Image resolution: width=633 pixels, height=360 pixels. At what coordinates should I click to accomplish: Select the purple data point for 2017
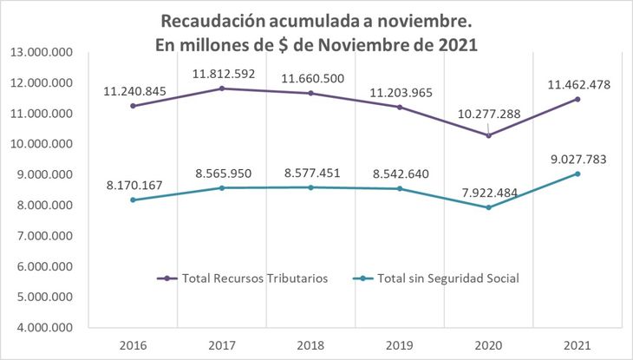tap(222, 88)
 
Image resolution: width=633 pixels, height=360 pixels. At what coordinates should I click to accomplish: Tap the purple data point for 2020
tap(488, 135)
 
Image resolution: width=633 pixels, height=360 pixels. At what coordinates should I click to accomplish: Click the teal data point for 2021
tap(578, 173)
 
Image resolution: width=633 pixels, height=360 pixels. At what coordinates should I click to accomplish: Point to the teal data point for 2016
tap(133, 200)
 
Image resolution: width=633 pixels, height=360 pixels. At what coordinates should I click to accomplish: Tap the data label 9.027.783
tap(578, 159)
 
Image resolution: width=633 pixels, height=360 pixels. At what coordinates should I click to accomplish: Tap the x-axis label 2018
tap(310, 344)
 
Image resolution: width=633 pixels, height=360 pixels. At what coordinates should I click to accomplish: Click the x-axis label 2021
tap(577, 344)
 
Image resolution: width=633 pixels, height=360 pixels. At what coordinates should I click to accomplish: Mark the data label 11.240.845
tap(133, 90)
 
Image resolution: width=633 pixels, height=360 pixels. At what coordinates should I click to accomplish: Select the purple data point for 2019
tap(399, 107)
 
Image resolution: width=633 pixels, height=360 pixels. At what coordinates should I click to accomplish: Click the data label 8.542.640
tap(399, 173)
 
